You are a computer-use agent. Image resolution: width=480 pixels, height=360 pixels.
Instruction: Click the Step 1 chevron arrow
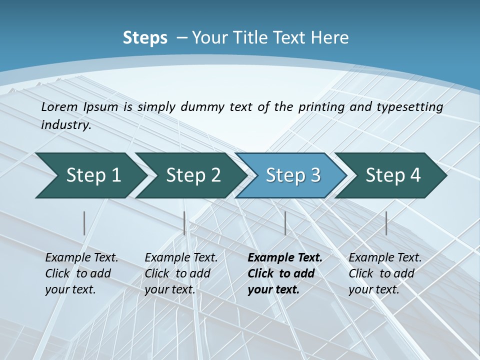[92, 175]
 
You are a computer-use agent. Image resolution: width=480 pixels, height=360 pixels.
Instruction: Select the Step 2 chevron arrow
[192, 175]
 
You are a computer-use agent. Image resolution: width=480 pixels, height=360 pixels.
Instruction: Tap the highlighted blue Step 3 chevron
[292, 175]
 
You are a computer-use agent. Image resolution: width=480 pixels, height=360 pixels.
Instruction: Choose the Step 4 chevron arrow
[392, 175]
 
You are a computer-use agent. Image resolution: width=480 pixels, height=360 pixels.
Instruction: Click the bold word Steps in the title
[145, 38]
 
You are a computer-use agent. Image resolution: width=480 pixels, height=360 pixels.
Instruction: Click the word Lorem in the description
[59, 107]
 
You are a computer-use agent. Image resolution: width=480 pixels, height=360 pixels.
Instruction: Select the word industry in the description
[65, 125]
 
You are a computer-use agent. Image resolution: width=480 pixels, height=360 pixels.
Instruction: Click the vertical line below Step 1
[84, 223]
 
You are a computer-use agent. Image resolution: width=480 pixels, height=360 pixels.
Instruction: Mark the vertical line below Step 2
[184, 223]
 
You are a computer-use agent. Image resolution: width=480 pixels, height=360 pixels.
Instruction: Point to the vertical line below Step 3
[285, 223]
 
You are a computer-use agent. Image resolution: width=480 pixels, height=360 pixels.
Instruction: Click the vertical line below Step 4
[386, 223]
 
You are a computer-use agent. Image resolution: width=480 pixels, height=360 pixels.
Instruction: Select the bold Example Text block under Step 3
[284, 273]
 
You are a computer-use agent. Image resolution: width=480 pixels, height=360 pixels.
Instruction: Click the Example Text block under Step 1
[81, 273]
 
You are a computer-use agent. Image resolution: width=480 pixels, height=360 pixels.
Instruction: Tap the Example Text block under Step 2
[181, 273]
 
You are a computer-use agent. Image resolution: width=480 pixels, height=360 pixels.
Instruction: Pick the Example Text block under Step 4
[385, 273]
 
